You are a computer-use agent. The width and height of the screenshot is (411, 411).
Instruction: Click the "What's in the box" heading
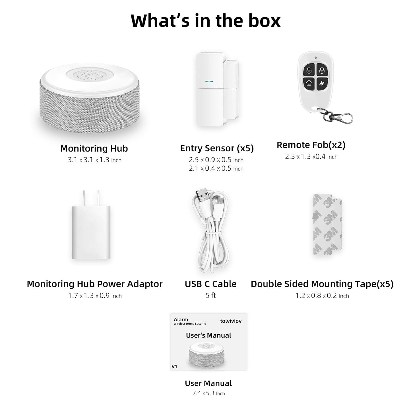coord(205,20)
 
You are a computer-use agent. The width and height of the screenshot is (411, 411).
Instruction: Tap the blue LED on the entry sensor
coord(209,82)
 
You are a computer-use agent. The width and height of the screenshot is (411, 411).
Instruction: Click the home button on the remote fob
coord(309,83)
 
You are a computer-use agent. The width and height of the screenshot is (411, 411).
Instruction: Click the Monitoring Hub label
coord(94,148)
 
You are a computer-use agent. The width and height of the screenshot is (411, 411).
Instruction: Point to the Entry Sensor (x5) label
coord(217,148)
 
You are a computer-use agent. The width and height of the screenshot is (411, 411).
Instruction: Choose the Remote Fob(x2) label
coord(311,145)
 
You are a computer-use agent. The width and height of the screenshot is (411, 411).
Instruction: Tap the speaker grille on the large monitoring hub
coord(87,75)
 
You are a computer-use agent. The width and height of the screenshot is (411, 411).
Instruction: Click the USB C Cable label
coord(210,284)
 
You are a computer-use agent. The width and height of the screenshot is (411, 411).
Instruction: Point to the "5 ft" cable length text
coord(210,296)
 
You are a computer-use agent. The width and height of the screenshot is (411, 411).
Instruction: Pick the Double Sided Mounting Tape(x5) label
coord(322,284)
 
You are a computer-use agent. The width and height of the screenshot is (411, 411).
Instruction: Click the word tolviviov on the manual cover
coord(231,321)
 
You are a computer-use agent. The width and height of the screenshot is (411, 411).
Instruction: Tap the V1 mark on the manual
coord(174,366)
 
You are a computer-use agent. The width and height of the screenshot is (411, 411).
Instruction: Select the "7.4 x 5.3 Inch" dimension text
coord(208,393)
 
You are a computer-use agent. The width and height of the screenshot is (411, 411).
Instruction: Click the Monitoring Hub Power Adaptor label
coord(94,284)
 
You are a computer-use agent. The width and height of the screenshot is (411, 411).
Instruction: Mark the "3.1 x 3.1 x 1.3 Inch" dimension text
coord(94,160)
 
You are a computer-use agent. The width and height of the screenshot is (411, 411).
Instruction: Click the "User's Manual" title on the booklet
coord(208,335)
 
